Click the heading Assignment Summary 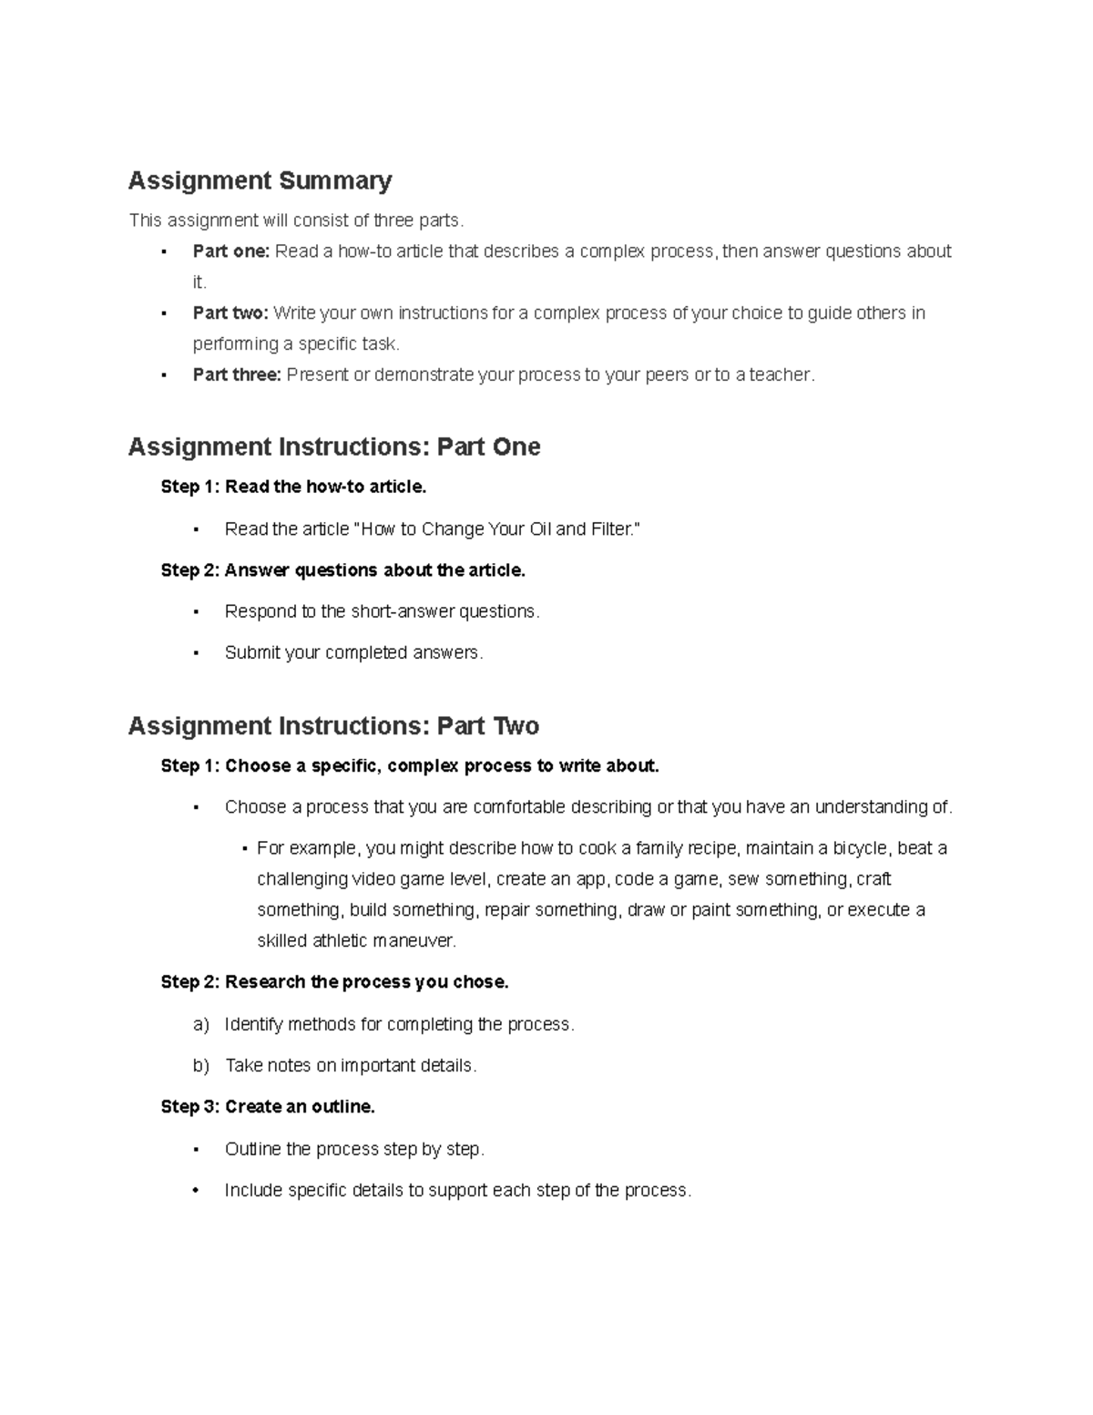coord(260,180)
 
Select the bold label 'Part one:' coord(230,251)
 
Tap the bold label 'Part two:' coord(230,313)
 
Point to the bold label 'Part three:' coord(237,374)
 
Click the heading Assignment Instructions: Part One coord(334,446)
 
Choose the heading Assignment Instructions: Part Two coord(333,725)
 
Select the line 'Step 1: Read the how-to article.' coord(293,487)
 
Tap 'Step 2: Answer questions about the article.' coord(342,570)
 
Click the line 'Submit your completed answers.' coord(353,652)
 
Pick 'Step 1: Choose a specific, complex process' coord(409,766)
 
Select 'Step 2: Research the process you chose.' coord(334,982)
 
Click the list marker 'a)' coord(201,1025)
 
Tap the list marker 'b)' coord(201,1066)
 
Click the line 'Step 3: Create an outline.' coord(268,1107)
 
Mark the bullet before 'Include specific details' coord(196,1191)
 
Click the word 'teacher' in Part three coord(780,374)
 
